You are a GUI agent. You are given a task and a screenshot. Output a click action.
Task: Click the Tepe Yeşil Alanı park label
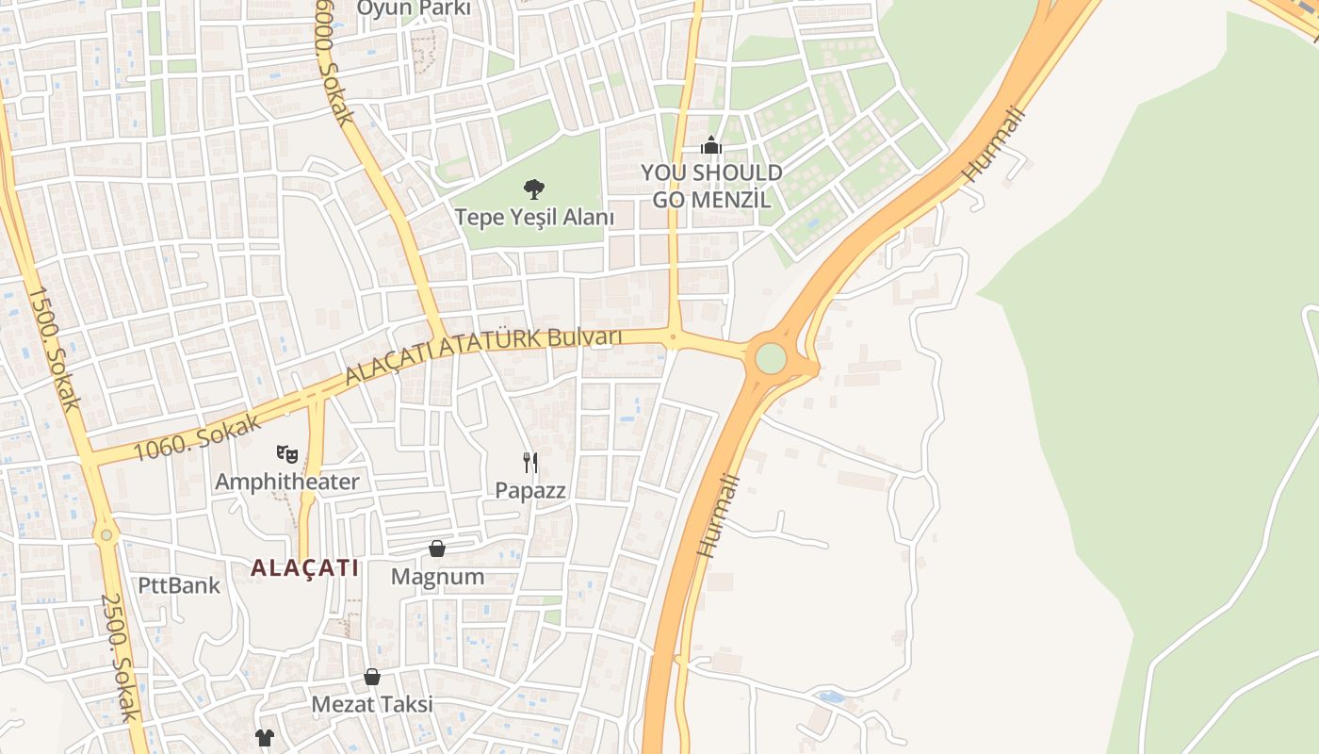pyautogui.click(x=534, y=218)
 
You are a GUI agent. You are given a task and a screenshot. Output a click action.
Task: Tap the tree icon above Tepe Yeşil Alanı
pyautogui.click(x=533, y=189)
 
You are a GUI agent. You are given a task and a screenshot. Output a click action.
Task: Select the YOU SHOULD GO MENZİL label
pyautogui.click(x=711, y=186)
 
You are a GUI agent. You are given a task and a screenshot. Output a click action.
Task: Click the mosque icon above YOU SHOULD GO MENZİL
pyautogui.click(x=711, y=145)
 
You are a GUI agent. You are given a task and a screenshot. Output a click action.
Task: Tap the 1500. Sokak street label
pyautogui.click(x=53, y=349)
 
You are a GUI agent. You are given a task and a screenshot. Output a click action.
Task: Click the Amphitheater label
pyautogui.click(x=287, y=482)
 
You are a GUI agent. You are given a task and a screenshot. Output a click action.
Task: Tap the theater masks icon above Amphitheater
pyautogui.click(x=287, y=455)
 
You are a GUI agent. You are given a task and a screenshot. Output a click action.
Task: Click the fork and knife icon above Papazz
pyautogui.click(x=530, y=462)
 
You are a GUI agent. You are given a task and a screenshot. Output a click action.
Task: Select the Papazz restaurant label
pyautogui.click(x=530, y=490)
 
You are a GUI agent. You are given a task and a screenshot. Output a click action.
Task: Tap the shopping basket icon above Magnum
pyautogui.click(x=437, y=549)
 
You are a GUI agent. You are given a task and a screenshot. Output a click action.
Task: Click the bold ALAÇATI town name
pyautogui.click(x=304, y=568)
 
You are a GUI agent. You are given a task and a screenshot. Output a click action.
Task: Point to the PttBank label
pyautogui.click(x=179, y=585)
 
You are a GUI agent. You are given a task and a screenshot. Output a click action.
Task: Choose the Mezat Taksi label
pyautogui.click(x=372, y=704)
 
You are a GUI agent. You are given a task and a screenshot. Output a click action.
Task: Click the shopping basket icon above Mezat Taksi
pyautogui.click(x=372, y=677)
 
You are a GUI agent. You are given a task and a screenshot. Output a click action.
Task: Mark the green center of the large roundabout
pyautogui.click(x=771, y=358)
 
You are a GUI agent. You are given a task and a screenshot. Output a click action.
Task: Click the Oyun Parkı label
pyautogui.click(x=413, y=8)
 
